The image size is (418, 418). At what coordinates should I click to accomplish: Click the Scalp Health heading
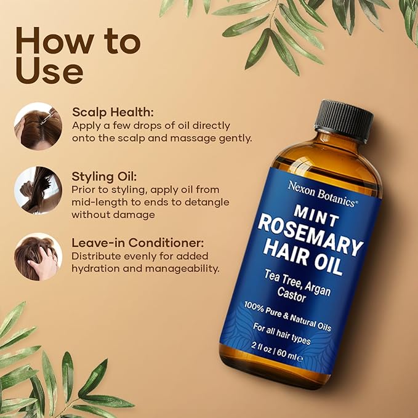tap(113, 113)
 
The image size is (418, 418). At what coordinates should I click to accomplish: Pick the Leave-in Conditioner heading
tap(137, 243)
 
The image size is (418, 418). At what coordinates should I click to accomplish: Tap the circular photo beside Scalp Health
tap(38, 126)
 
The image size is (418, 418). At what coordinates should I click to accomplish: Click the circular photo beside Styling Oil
tap(38, 190)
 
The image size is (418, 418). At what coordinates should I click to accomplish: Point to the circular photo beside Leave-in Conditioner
tap(38, 256)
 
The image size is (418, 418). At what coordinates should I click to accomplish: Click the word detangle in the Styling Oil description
tap(208, 202)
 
